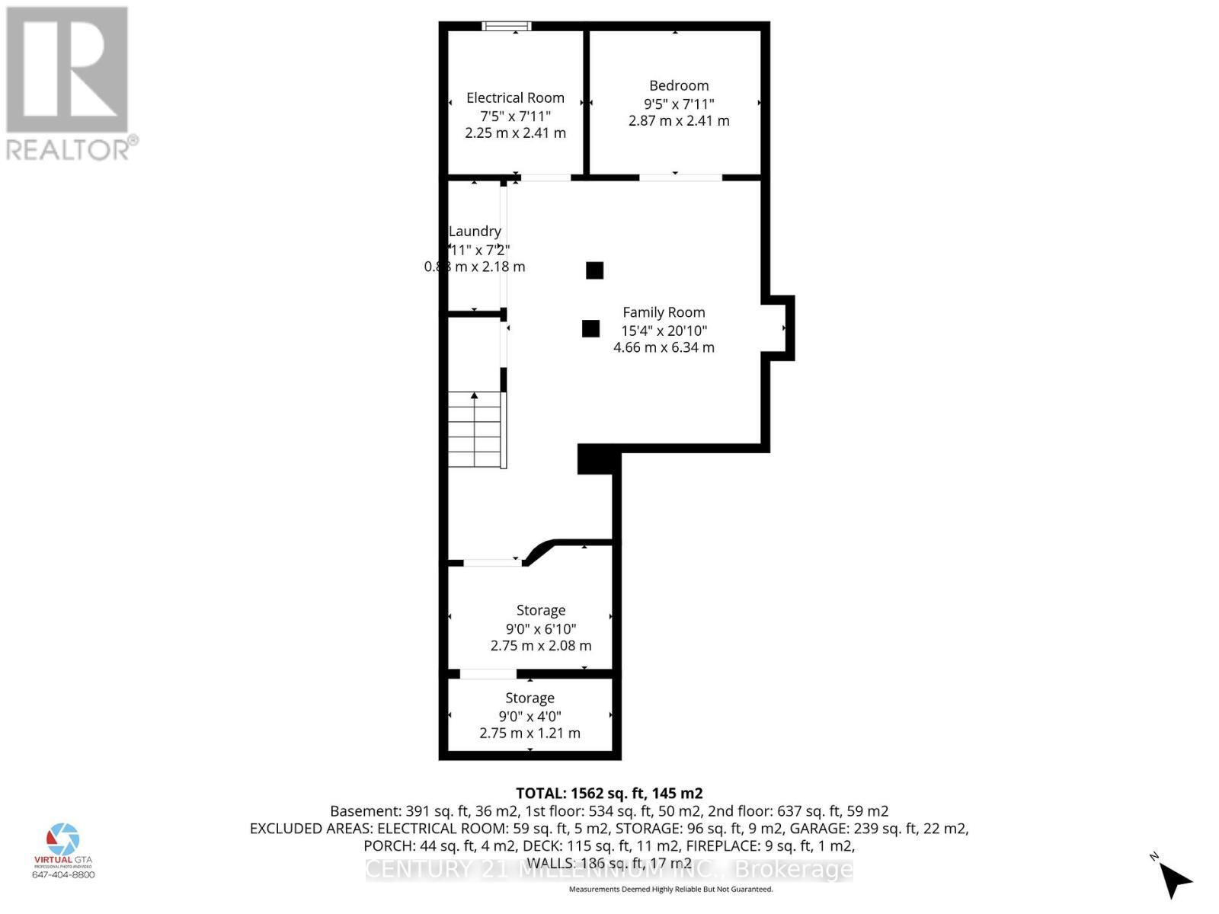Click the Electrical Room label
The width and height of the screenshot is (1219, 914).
515,97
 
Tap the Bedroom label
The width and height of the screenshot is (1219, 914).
679,85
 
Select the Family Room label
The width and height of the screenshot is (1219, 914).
664,312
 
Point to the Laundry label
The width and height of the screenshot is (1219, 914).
475,231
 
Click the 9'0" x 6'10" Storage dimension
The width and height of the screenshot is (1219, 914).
541,628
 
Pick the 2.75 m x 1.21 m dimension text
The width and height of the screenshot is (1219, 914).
530,733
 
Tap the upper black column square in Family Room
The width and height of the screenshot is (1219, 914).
594,270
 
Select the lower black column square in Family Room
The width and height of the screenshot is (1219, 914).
590,328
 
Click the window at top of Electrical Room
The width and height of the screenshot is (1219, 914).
507,26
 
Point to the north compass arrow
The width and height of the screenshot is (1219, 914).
1176,879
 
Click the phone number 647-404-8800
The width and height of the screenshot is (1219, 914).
63,874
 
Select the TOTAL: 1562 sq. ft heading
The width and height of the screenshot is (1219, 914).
609,793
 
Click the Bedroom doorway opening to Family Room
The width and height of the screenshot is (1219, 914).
680,177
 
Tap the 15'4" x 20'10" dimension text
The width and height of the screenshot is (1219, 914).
664,330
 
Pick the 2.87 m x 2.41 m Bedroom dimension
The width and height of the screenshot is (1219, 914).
679,120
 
